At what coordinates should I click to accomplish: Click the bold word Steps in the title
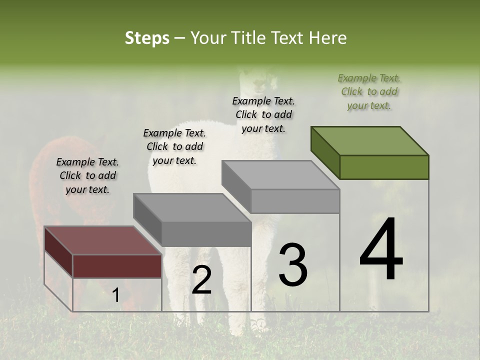point(147,38)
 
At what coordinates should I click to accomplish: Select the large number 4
point(381,250)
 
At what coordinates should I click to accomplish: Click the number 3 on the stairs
point(292,265)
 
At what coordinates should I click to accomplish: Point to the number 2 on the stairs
point(201,280)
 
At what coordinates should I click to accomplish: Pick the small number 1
point(115,295)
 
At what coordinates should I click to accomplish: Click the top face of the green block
point(369,141)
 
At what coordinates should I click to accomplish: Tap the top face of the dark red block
point(102,240)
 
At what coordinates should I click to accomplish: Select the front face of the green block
point(384,167)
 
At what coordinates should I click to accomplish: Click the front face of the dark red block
point(117,265)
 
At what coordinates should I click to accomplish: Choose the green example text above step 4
point(369,92)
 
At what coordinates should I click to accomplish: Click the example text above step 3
point(263,114)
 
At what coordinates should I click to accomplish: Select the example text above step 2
point(174,147)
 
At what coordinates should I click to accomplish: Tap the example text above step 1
point(87,176)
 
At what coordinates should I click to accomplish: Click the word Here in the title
point(328,38)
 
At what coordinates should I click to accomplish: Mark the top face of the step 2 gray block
point(192,208)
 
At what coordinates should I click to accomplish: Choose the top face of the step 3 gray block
point(280,175)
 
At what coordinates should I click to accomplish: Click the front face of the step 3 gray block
point(295,201)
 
